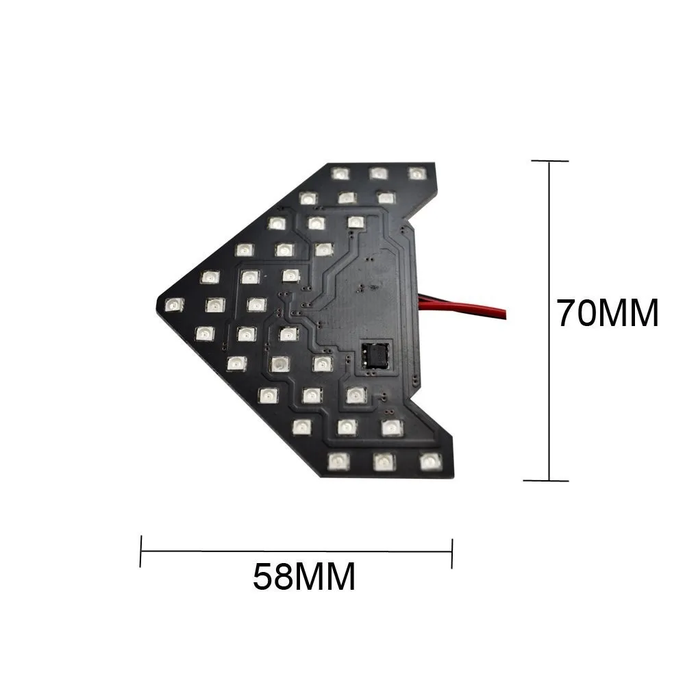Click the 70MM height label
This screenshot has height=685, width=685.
pos(607,314)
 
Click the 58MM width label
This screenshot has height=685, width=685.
pos(304,577)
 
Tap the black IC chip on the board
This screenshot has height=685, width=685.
pos(376,355)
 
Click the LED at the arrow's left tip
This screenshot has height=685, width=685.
pos(174,304)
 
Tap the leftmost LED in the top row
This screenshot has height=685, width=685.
pos(340,173)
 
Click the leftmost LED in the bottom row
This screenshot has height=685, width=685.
pos(336,461)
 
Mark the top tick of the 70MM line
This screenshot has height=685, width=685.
pos(550,161)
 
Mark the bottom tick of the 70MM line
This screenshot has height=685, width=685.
pos(550,481)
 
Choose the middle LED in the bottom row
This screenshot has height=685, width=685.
pos(382,461)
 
